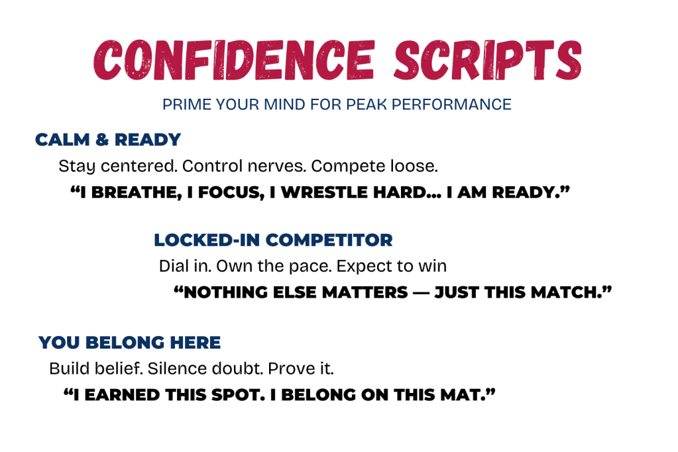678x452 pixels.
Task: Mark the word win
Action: (x=435, y=266)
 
